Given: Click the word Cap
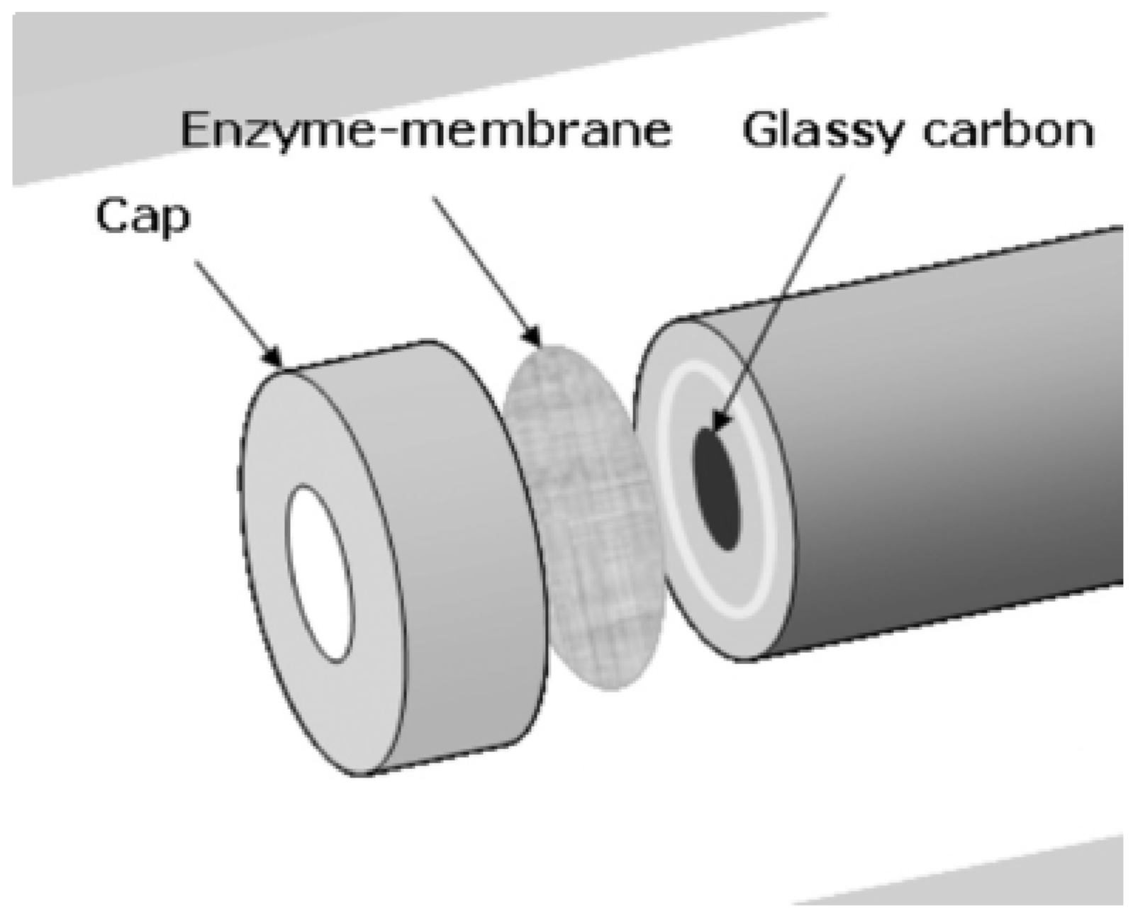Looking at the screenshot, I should (143, 216).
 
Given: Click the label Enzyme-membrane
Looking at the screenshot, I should (425, 131).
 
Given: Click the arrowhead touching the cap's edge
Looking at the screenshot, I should (273, 358).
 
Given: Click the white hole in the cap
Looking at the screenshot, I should (319, 574).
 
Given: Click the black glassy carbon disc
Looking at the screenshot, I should (718, 489).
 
